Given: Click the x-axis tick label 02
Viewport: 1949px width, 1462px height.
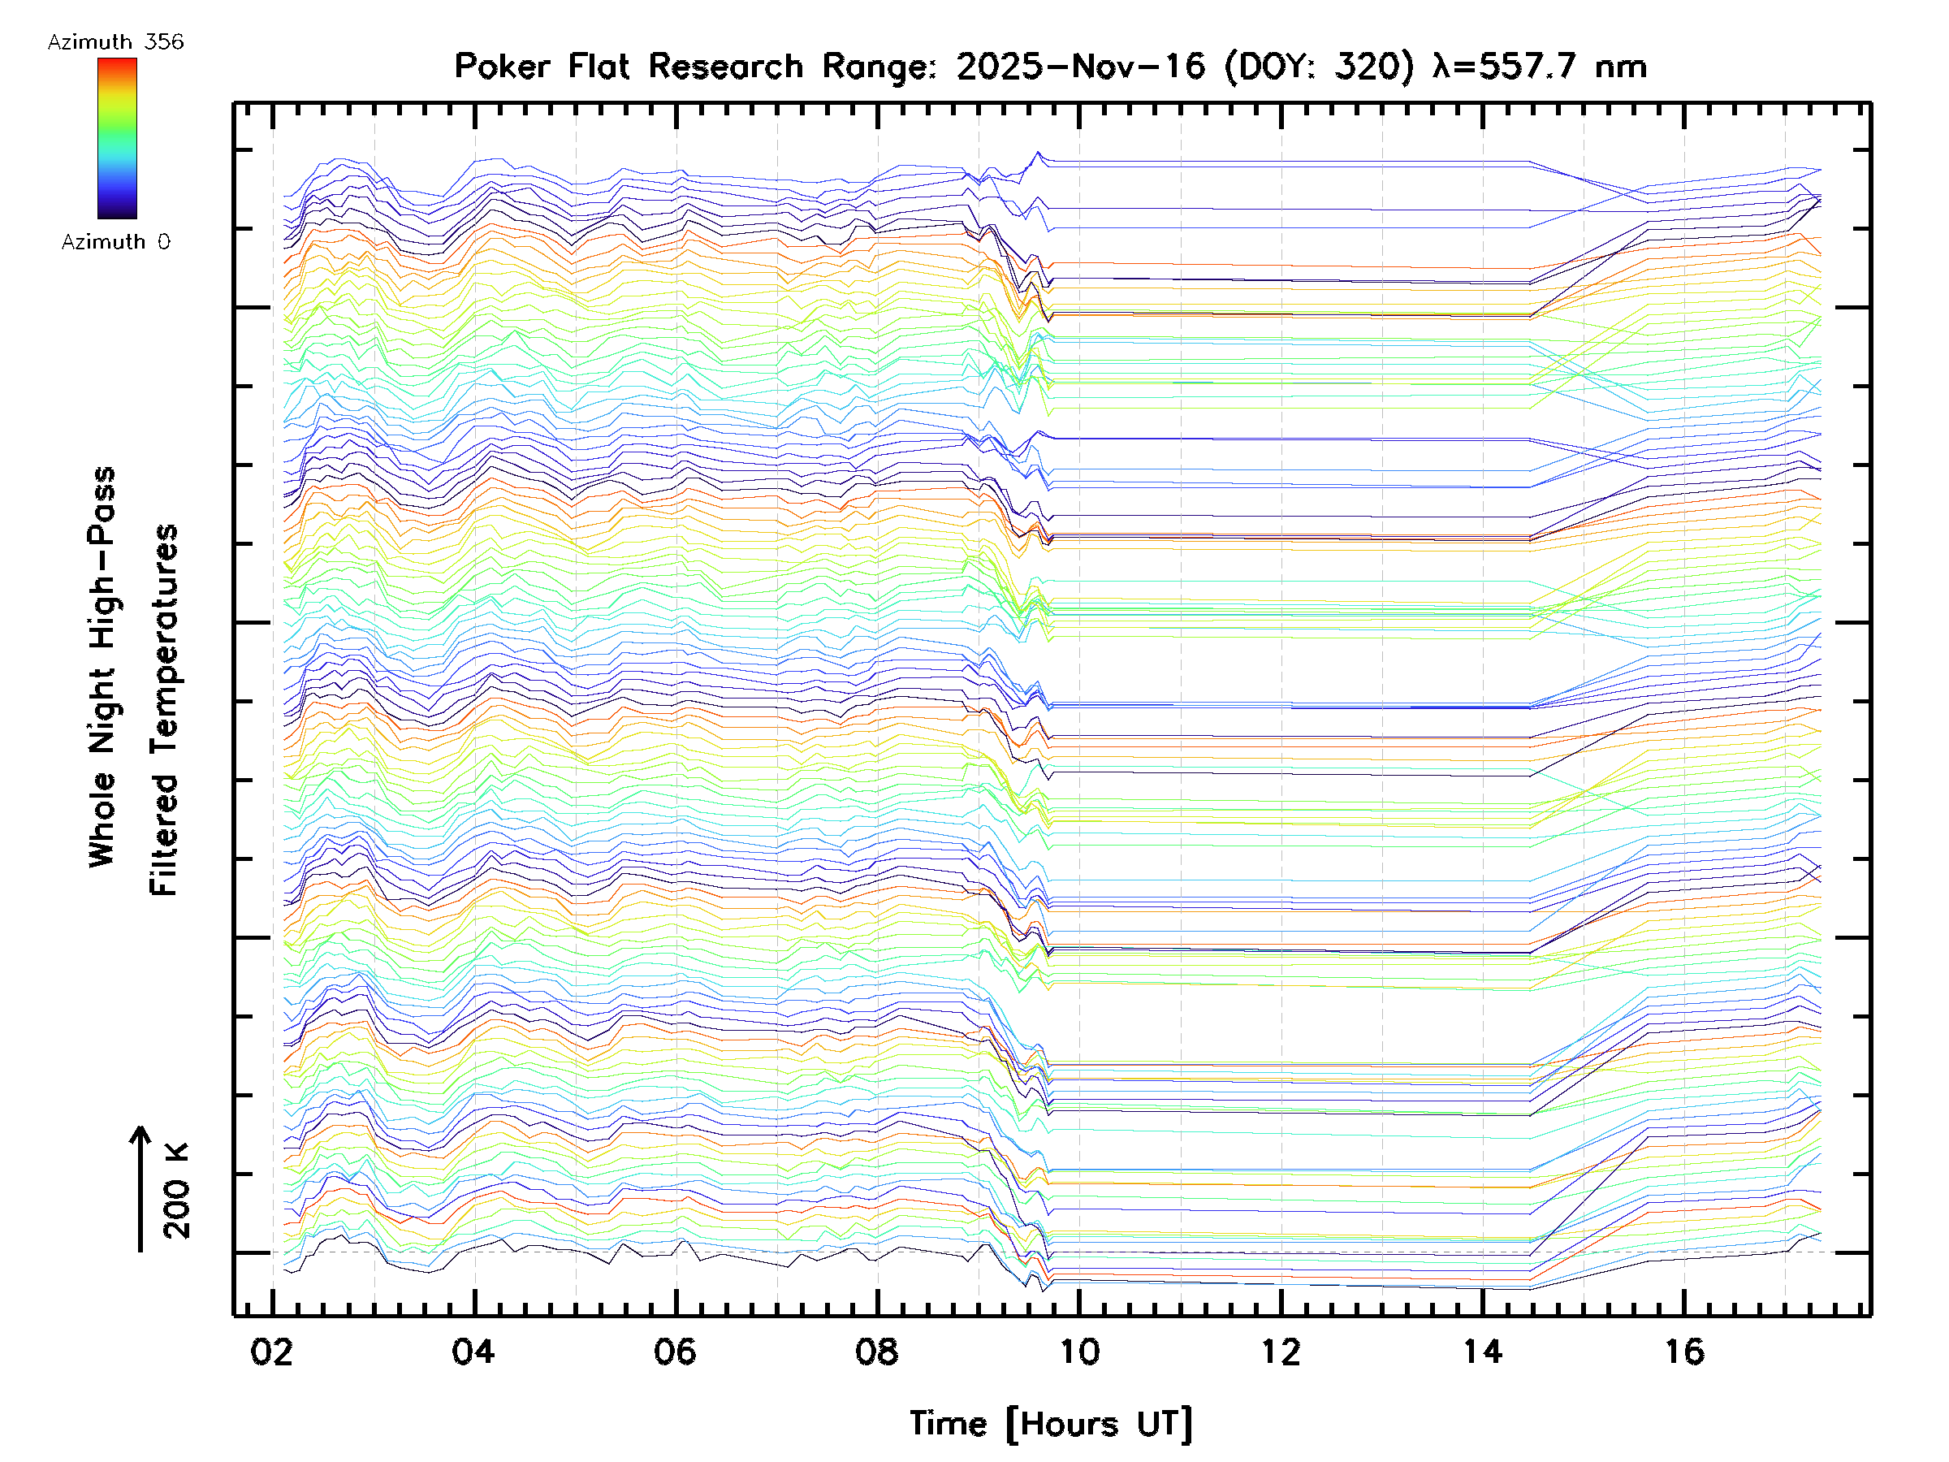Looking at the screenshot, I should tap(271, 1352).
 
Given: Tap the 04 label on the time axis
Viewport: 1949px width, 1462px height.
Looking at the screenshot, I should tap(473, 1352).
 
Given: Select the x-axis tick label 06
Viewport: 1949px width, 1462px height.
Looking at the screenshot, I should tap(675, 1352).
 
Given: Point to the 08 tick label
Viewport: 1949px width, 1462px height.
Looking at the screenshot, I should tap(877, 1352).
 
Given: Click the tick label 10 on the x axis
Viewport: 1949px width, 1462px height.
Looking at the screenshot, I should tap(1078, 1352).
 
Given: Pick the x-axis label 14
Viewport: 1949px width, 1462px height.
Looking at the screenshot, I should tap(1482, 1352).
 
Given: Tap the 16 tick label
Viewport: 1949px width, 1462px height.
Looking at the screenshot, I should tap(1683, 1352).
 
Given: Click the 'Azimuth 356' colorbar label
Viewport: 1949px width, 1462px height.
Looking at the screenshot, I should tap(115, 42).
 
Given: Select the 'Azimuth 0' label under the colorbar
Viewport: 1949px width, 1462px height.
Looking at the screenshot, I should tap(115, 242).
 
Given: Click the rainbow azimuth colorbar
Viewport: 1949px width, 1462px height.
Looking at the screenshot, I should tap(117, 138).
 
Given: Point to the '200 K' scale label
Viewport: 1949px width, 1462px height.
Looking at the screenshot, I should tap(176, 1191).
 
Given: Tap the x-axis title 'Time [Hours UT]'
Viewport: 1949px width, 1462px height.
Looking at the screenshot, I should tap(1051, 1424).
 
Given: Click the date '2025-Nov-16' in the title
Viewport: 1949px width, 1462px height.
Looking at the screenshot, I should tap(1081, 67).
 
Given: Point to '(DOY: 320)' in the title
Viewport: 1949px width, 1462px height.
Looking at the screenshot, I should tap(1320, 67).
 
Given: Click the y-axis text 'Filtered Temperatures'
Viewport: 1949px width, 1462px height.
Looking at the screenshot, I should tap(164, 711).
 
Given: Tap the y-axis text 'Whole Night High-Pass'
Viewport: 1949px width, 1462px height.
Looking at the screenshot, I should tap(102, 667).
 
